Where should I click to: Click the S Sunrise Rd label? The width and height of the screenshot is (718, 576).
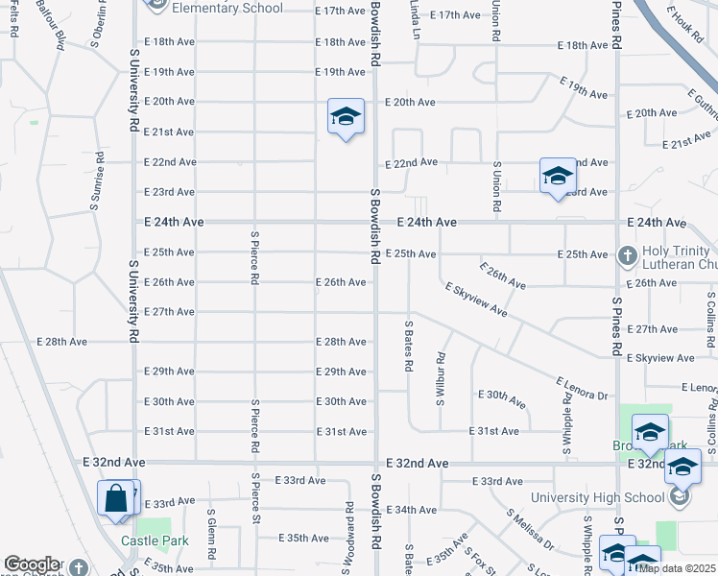tap(97, 180)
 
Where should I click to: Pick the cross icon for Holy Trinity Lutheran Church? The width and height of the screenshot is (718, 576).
tap(627, 255)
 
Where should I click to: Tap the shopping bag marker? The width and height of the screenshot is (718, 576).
tap(115, 498)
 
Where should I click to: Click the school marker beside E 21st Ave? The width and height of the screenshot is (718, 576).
tap(346, 117)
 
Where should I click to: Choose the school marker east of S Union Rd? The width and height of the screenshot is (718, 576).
tap(557, 176)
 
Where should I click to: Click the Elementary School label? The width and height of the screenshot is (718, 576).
tap(227, 9)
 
